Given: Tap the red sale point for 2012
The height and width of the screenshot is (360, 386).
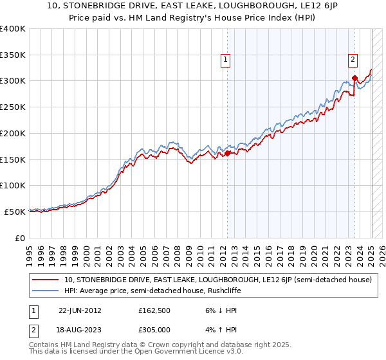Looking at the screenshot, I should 227,153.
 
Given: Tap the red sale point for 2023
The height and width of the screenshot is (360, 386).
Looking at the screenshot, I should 354,79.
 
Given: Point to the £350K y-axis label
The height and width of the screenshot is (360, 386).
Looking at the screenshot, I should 13,55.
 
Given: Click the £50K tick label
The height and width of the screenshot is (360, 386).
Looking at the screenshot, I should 15,212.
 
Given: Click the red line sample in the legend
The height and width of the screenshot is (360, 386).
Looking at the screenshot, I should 45,280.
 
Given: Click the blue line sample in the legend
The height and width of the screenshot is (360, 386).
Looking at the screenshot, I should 45,290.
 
